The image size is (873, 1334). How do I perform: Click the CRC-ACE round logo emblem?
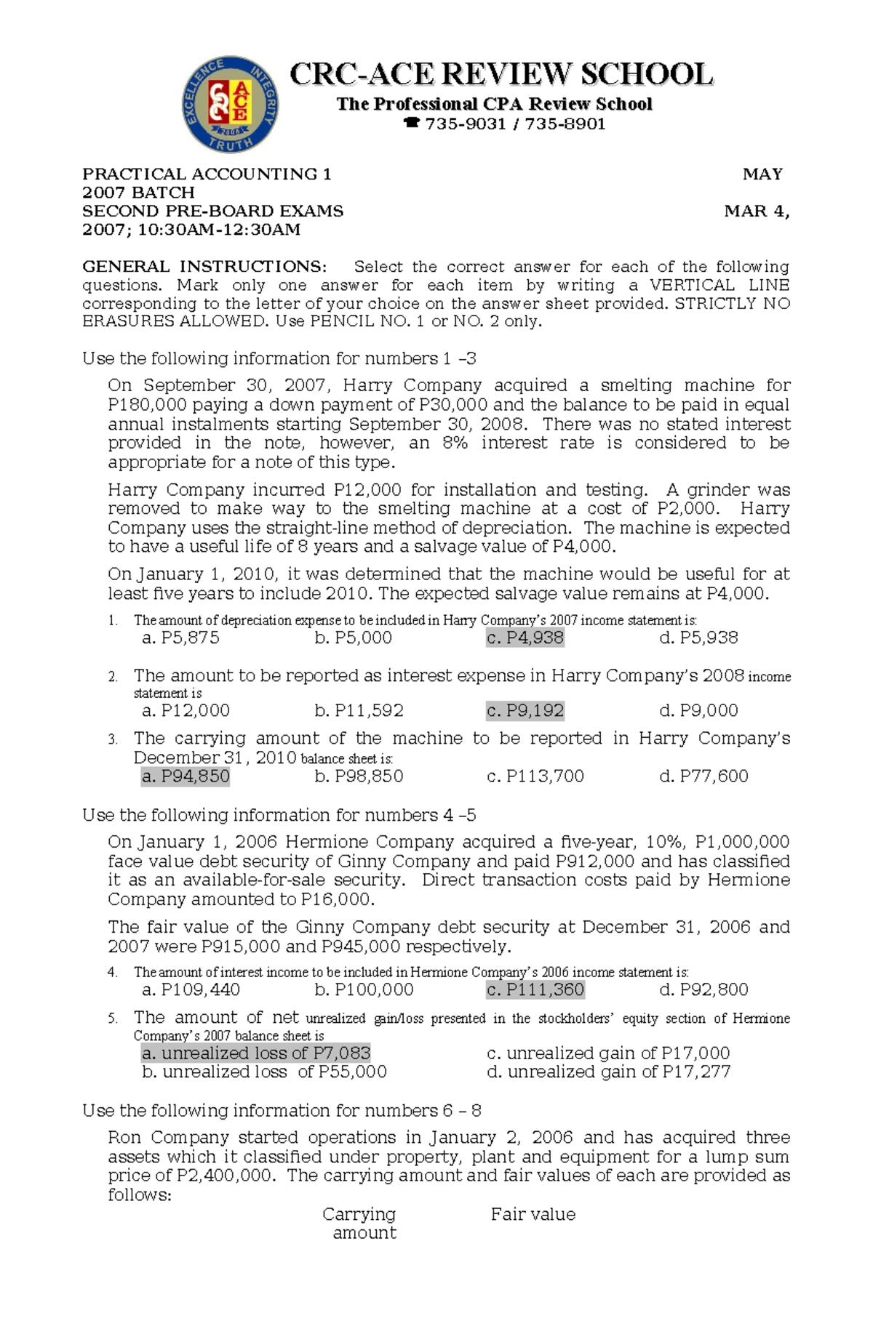tap(230, 104)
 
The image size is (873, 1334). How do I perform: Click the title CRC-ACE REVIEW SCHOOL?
tap(501, 75)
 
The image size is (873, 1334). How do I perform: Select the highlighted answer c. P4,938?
tap(525, 638)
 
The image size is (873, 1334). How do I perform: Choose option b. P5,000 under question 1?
tap(353, 638)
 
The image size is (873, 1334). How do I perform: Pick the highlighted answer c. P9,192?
tap(525, 711)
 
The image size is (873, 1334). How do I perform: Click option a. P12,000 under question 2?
tap(186, 711)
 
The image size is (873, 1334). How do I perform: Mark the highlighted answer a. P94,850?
tap(186, 776)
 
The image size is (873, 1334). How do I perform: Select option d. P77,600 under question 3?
tap(703, 776)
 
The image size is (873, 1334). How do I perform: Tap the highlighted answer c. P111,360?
tap(535, 990)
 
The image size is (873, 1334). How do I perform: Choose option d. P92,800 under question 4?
tap(703, 990)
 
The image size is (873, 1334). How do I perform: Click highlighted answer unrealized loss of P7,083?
tap(256, 1053)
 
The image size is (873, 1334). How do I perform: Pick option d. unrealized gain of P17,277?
tap(608, 1072)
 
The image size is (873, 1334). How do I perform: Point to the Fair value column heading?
tap(533, 1215)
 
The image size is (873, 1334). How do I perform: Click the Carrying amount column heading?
tap(360, 1223)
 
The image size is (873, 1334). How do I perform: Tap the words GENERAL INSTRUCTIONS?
tap(204, 267)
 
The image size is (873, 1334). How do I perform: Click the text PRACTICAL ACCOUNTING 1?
tap(207, 174)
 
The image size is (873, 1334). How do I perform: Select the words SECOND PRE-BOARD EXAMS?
tap(212, 212)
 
